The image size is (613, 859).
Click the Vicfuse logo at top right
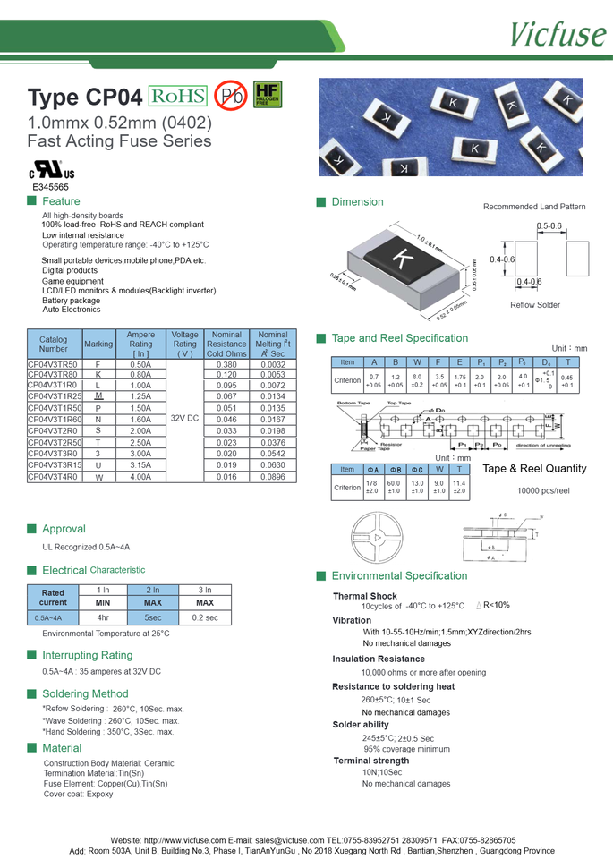[x=557, y=33]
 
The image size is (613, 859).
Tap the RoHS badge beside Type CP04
[x=177, y=96]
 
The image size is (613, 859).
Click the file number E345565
[x=50, y=188]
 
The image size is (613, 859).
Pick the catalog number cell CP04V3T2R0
[x=53, y=430]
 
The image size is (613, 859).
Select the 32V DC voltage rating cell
[x=184, y=418]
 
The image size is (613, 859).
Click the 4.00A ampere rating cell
[x=140, y=477]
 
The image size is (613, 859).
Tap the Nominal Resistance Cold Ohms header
[x=226, y=344]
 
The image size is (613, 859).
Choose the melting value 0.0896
[x=273, y=477]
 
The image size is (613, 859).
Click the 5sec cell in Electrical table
[x=153, y=617]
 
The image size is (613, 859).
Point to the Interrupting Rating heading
[x=87, y=655]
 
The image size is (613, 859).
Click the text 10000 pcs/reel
[x=543, y=491]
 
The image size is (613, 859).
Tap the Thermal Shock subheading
[x=365, y=596]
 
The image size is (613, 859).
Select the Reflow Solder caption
[x=535, y=305]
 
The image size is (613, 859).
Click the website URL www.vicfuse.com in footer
[x=184, y=840]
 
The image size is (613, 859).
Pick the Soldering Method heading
[x=85, y=693]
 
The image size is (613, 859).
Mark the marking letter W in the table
[x=98, y=478]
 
